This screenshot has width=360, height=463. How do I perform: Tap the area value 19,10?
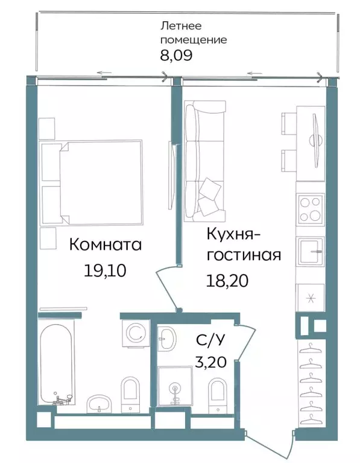click(x=105, y=270)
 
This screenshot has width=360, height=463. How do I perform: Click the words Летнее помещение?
click(x=193, y=33)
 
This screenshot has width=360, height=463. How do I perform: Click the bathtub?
click(x=58, y=362)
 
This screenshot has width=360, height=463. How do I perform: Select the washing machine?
click(x=135, y=332)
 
